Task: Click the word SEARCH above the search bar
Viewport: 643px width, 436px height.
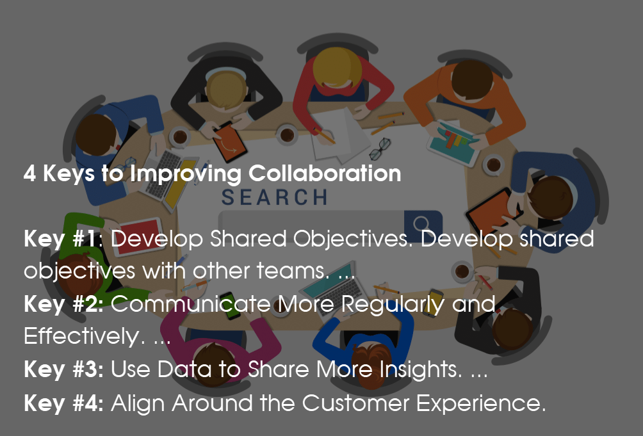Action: click(275, 197)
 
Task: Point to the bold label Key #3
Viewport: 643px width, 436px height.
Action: click(63, 369)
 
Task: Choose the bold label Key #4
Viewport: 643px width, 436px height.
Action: click(63, 403)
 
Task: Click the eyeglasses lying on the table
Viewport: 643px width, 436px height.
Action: click(379, 149)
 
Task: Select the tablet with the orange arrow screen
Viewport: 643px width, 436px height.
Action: click(230, 139)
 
